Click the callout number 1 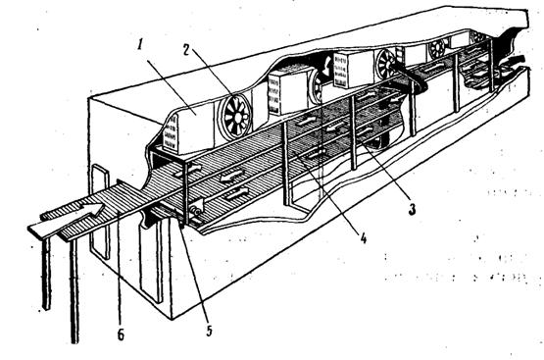(x=139, y=45)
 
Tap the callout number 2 (x=185, y=51)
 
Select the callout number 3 (x=412, y=209)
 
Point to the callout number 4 (x=363, y=238)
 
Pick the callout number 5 (x=209, y=331)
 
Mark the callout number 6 (x=121, y=334)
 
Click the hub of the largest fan (x=236, y=117)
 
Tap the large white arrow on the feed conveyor (x=66, y=219)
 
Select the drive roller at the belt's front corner (x=196, y=210)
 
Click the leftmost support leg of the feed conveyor (x=46, y=274)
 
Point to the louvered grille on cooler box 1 (x=171, y=133)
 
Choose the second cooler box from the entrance (x=289, y=91)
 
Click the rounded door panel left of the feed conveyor (x=100, y=212)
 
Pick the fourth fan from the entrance (x=438, y=49)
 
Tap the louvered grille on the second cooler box (x=274, y=96)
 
